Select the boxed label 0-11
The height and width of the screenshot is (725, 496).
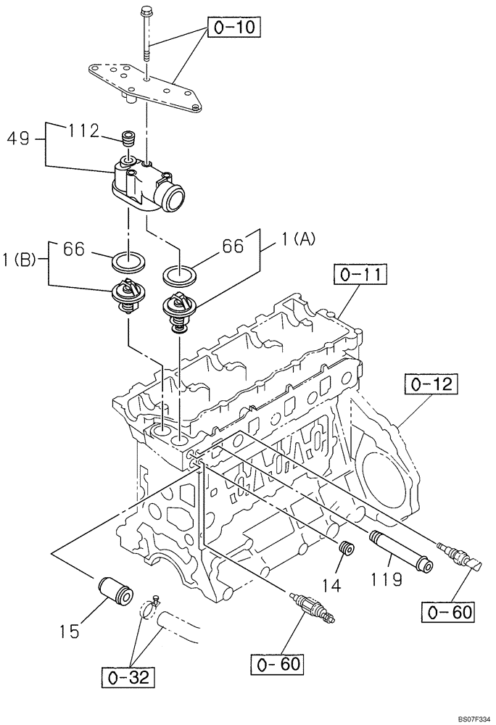pyautogui.click(x=361, y=275)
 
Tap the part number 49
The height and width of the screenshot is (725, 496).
pyautogui.click(x=20, y=138)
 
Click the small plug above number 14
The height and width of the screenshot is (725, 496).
pyautogui.click(x=347, y=549)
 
